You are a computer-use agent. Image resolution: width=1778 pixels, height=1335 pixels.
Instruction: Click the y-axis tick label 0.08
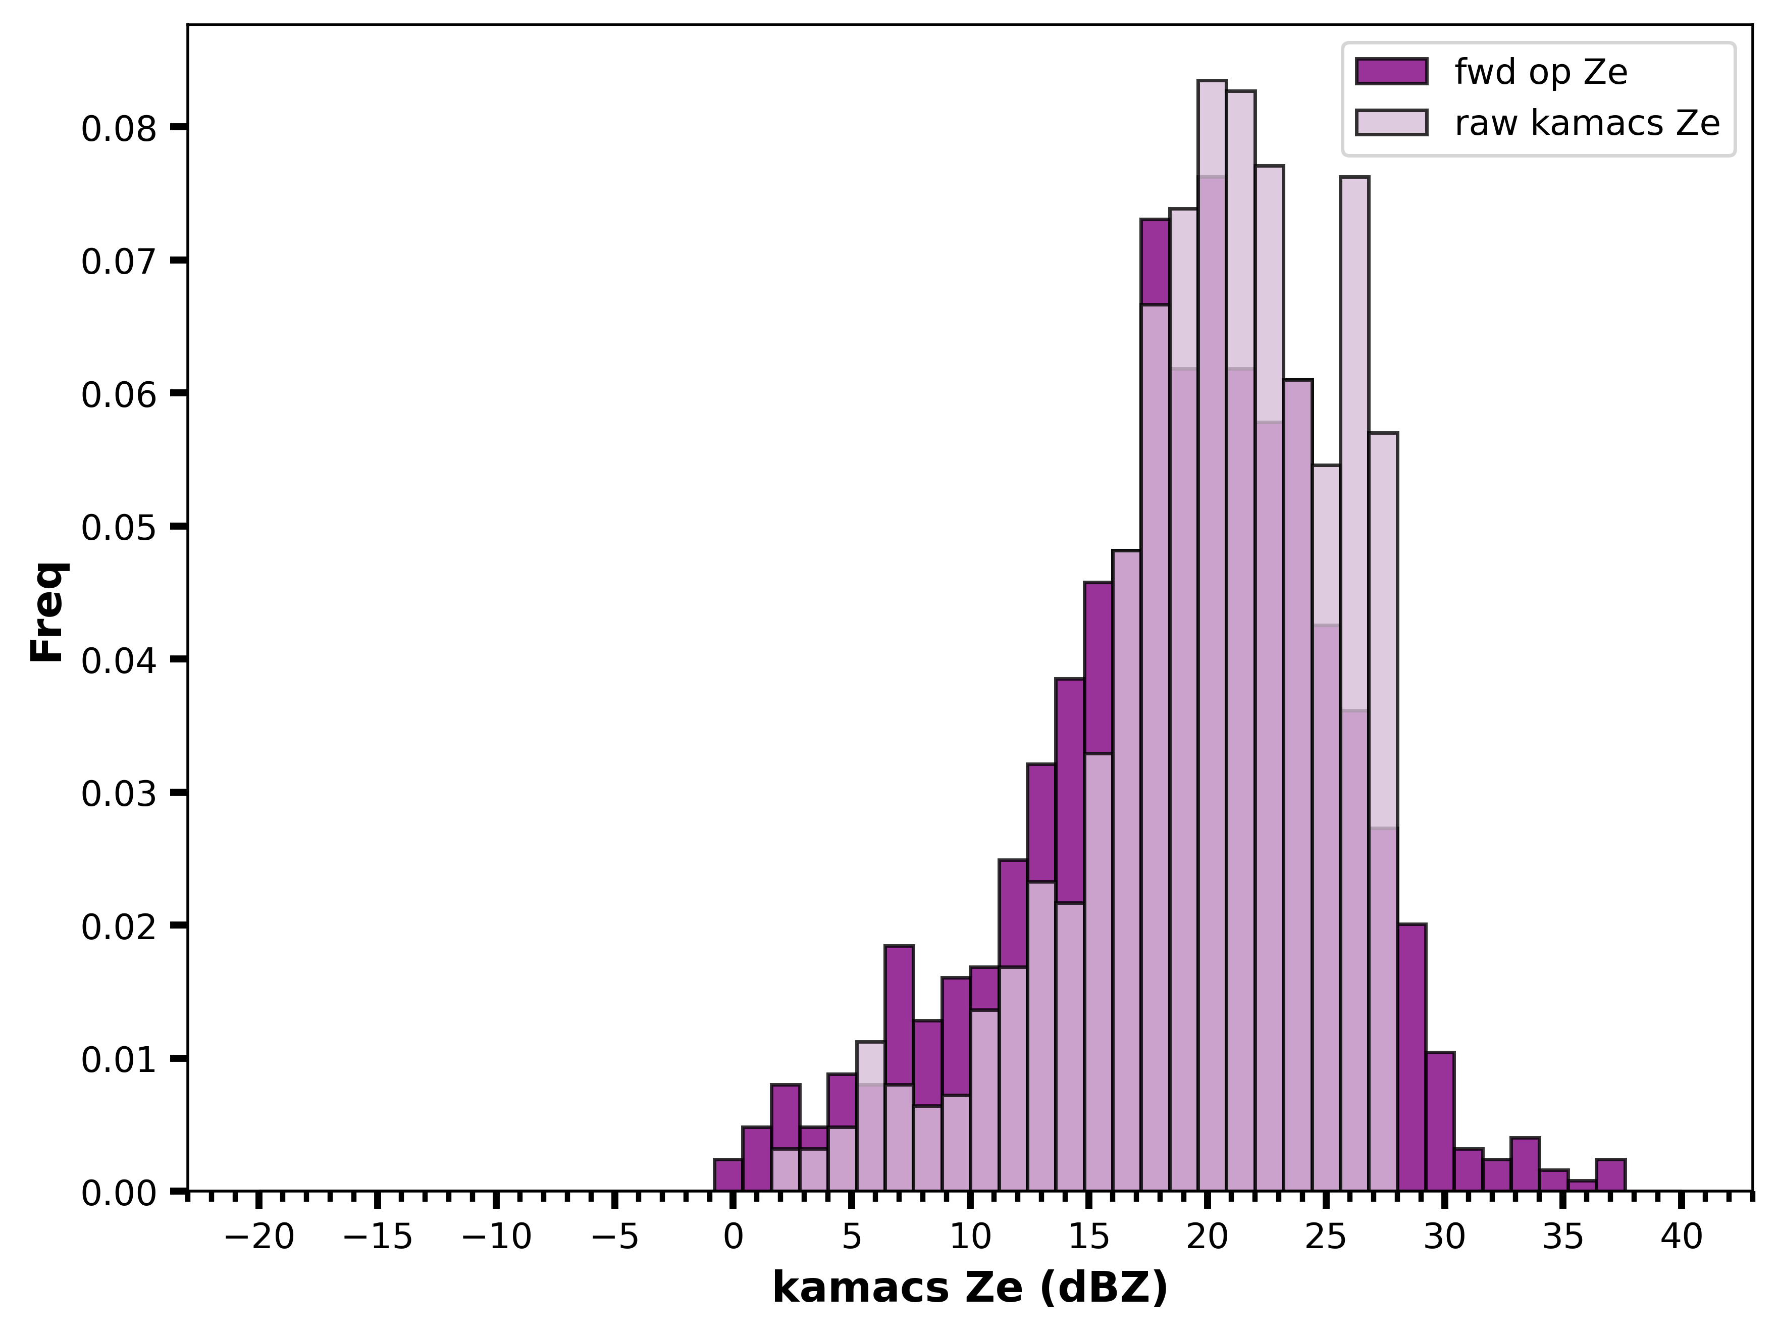(118, 129)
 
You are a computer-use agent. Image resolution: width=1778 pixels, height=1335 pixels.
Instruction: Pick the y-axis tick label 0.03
(118, 793)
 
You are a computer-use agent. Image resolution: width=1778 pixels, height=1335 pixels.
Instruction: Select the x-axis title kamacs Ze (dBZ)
(970, 1289)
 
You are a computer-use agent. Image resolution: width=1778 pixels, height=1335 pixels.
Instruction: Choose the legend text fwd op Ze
(1541, 72)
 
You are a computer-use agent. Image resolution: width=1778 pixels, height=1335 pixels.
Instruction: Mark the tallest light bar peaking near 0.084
(1212, 635)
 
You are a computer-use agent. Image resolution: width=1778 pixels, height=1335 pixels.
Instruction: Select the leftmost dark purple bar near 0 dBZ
(728, 1174)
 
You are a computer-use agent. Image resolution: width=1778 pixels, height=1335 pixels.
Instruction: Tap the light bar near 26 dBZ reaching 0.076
(1354, 683)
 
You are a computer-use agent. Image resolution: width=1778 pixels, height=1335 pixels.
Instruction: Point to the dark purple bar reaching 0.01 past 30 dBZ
(1440, 1121)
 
